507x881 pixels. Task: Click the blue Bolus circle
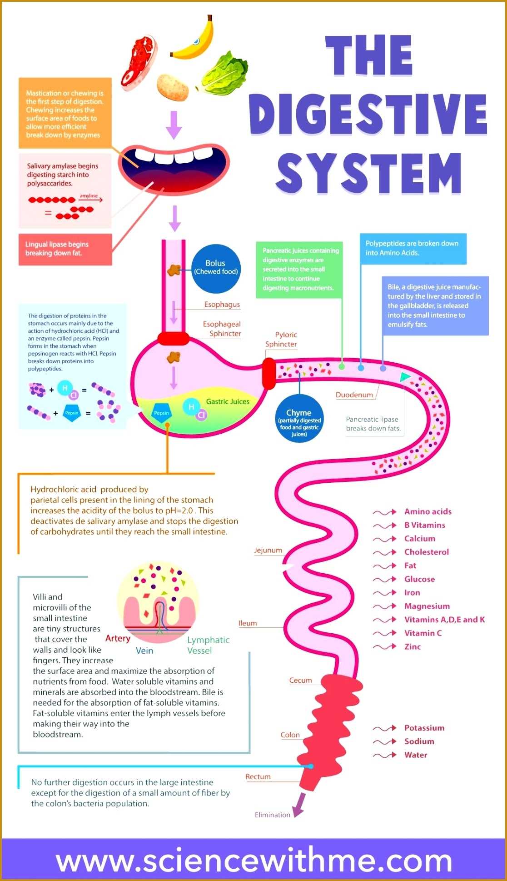pyautogui.click(x=216, y=268)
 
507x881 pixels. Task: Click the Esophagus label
pyautogui.click(x=222, y=305)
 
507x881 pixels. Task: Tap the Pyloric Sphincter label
pyautogui.click(x=281, y=340)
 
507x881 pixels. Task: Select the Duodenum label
pyautogui.click(x=354, y=395)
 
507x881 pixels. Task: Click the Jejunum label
pyautogui.click(x=268, y=551)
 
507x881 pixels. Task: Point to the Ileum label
pyautogui.click(x=248, y=623)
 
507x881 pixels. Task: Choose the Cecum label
pyautogui.click(x=300, y=681)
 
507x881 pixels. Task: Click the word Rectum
pyautogui.click(x=258, y=777)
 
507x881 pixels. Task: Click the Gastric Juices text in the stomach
pyautogui.click(x=228, y=402)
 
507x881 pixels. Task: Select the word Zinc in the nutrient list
pyautogui.click(x=413, y=647)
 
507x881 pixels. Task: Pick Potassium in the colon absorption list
pyautogui.click(x=424, y=728)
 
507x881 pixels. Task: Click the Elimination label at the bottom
pyautogui.click(x=272, y=815)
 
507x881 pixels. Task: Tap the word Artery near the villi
pyautogui.click(x=118, y=639)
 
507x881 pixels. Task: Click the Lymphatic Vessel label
pyautogui.click(x=208, y=645)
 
